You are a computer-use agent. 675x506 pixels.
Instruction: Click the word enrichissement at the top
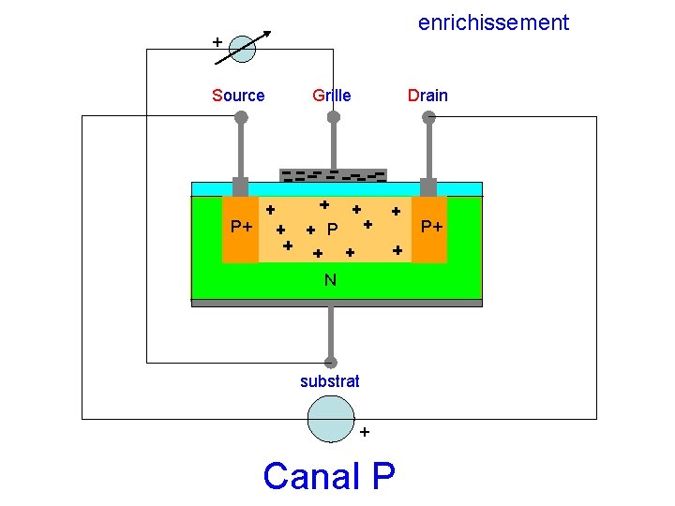(493, 22)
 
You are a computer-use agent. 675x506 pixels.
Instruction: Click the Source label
(238, 96)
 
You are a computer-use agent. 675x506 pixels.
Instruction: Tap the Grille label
(332, 96)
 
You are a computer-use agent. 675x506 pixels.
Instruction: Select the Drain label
(427, 96)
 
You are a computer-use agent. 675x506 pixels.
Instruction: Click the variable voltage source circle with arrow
(242, 49)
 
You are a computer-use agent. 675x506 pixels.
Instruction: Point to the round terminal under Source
(241, 117)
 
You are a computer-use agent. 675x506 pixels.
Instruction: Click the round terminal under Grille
(333, 117)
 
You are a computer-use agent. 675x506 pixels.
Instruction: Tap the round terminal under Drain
(428, 117)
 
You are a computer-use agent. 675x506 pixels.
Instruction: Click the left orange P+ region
(240, 229)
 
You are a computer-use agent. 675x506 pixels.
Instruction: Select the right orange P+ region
(430, 229)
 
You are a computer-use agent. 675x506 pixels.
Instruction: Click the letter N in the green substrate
(331, 279)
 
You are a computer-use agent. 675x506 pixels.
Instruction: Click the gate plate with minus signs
(333, 175)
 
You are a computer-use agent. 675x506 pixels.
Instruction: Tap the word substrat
(329, 381)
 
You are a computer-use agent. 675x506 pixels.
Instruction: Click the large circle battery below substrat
(331, 419)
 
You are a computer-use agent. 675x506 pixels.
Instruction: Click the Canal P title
(329, 476)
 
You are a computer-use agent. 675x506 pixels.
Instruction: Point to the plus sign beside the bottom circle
(365, 432)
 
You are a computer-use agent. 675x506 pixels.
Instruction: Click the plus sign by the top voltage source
(217, 42)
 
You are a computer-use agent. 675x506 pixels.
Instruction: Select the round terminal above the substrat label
(330, 362)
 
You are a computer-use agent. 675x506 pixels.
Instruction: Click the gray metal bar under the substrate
(337, 303)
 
